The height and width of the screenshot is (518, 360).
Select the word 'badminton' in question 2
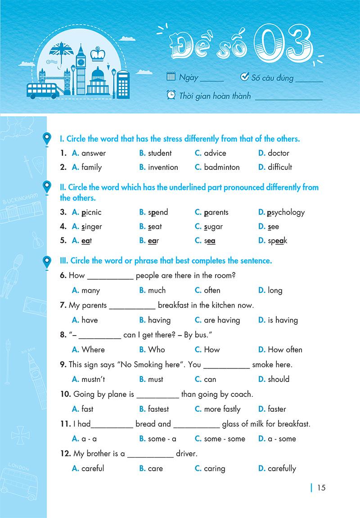pyautogui.click(x=222, y=167)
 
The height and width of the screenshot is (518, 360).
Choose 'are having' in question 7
pyautogui.click(x=222, y=320)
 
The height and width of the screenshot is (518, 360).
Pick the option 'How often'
pyautogui.click(x=285, y=350)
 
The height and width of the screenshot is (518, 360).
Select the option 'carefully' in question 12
pyautogui.click(x=282, y=468)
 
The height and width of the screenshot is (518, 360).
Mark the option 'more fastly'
pyautogui.click(x=222, y=409)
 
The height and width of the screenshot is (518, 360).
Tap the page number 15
pyautogui.click(x=321, y=487)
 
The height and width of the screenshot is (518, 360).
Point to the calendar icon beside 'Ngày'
pyautogui.click(x=171, y=77)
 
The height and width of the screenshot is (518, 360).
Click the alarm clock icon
pyautogui.click(x=171, y=95)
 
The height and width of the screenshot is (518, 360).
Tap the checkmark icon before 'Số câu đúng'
pyautogui.click(x=245, y=77)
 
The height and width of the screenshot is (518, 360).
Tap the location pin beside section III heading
pyautogui.click(x=46, y=262)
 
